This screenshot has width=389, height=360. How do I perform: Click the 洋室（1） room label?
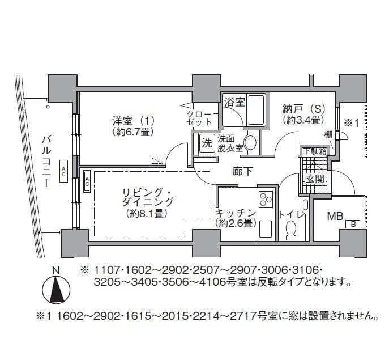click(134, 121)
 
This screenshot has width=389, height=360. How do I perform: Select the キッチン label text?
click(236, 213)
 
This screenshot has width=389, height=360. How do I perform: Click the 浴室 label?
click(234, 102)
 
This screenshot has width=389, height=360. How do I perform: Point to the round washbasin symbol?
click(250, 143)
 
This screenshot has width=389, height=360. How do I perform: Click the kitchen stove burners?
click(265, 200)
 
